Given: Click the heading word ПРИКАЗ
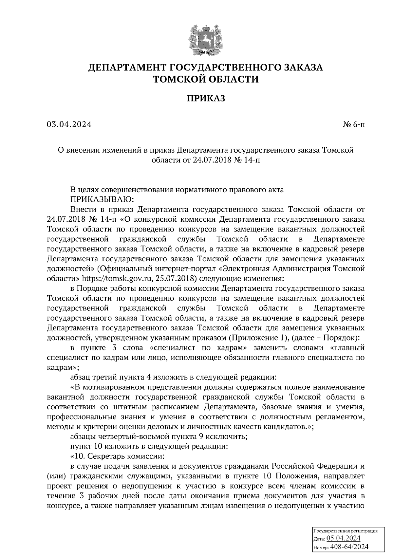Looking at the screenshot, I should click(206, 98).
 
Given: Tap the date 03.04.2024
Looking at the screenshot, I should click(69, 124).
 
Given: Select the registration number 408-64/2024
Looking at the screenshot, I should click(349, 547).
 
